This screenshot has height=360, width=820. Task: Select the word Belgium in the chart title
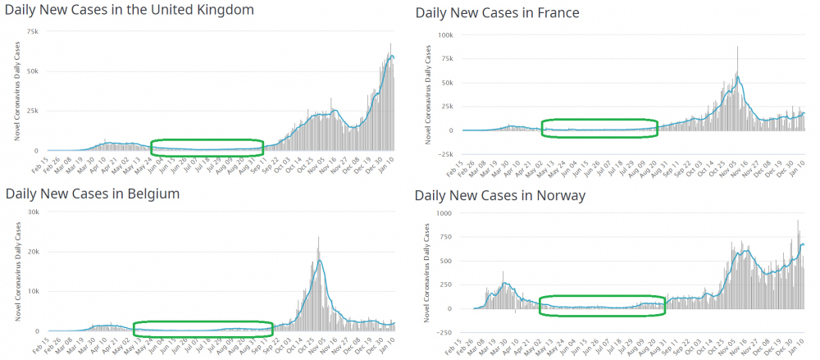coord(152,194)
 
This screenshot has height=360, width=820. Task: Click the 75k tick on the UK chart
coord(32,31)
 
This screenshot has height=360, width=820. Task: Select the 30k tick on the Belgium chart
coord(34,212)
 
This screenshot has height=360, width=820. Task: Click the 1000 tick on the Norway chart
coord(444,212)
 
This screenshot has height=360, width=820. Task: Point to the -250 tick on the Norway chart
coord(443,332)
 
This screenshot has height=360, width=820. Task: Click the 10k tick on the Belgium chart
coord(34,291)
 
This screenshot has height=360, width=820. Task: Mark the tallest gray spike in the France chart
coord(737,48)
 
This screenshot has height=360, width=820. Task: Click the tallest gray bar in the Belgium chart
coord(318,238)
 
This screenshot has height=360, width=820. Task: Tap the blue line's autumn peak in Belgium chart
coord(320,261)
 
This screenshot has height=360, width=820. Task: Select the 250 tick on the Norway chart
coord(445,285)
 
